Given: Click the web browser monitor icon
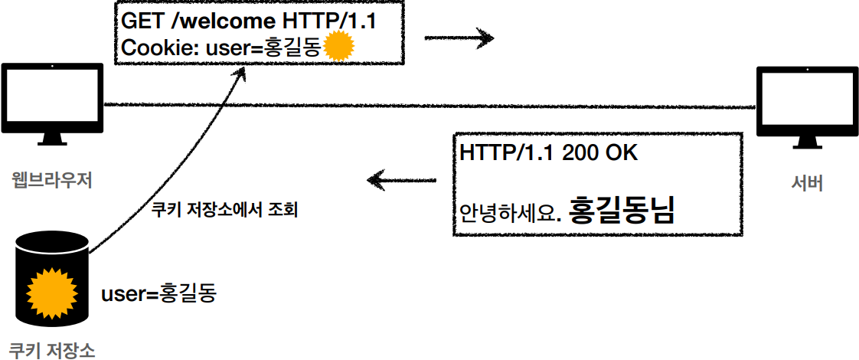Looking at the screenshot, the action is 52,101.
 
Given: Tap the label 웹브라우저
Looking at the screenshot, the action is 52,182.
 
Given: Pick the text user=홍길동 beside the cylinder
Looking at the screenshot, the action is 158,293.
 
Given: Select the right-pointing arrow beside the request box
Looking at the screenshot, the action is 459,37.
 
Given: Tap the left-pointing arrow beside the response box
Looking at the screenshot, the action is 401,181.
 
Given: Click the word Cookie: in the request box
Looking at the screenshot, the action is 160,48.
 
